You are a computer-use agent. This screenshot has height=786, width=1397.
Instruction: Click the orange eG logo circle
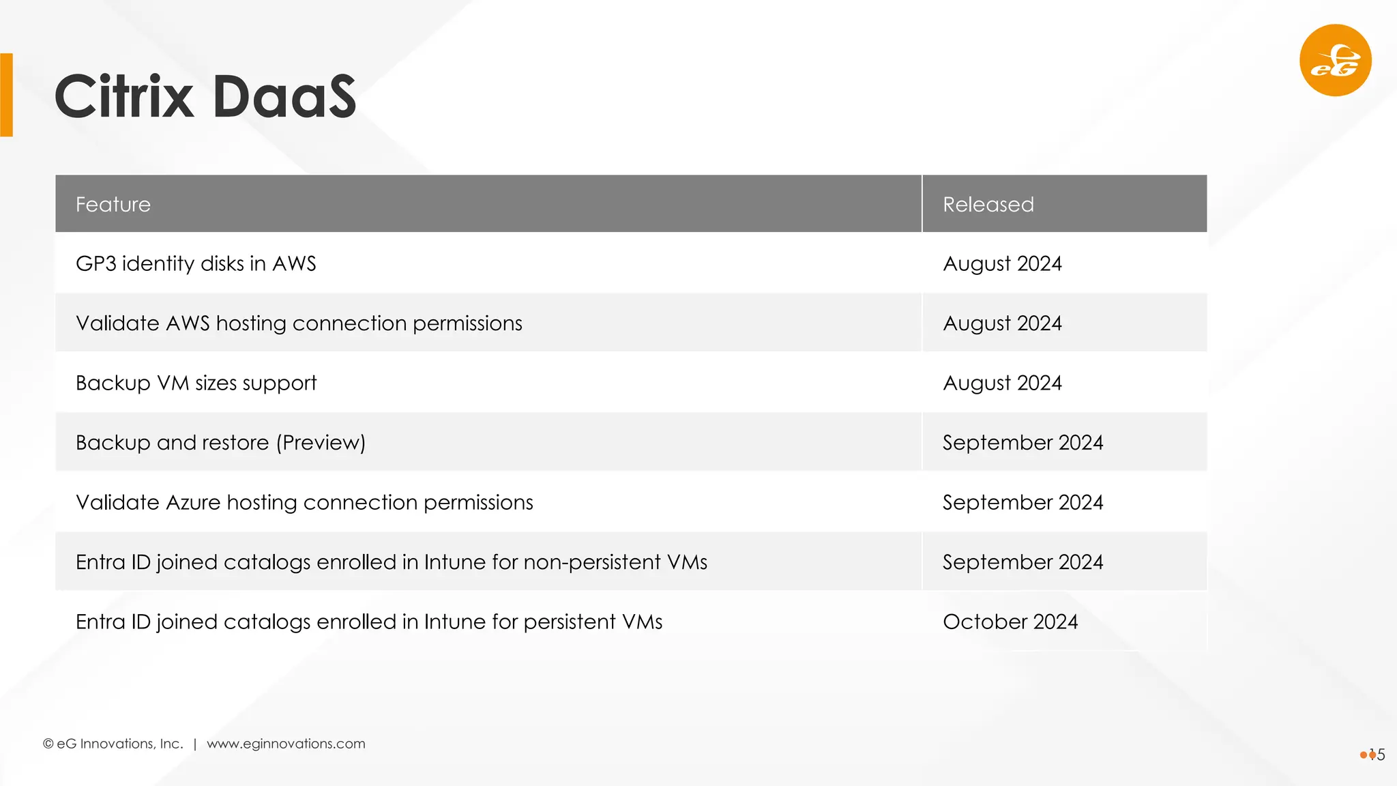coord(1335,60)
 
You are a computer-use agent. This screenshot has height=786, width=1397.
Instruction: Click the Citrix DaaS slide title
coord(205,96)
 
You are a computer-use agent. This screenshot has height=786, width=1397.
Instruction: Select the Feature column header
coord(113,205)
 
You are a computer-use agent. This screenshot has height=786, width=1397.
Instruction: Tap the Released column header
coord(988,205)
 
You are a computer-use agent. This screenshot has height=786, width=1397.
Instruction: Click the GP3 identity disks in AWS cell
coord(196,264)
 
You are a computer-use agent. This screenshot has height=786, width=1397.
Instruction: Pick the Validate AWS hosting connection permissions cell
coord(299,323)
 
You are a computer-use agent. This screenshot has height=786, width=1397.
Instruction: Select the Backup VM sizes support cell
coord(196,383)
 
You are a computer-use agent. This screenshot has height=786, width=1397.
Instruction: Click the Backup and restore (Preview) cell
coord(220,443)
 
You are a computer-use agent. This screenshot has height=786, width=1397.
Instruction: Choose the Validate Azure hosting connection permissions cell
coord(304,503)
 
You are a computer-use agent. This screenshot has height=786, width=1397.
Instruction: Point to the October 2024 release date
coord(1010,622)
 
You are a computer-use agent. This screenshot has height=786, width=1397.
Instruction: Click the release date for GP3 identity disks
coord(1002,264)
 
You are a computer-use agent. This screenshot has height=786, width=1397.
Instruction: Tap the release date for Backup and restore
coord(1023,443)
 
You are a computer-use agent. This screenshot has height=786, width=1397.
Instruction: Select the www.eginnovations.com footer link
coord(286,744)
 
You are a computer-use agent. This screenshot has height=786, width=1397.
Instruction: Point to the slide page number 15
coord(1377,755)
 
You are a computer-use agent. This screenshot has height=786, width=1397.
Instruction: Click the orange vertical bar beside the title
coord(7,95)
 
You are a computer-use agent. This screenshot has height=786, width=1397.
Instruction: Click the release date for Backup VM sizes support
coord(1002,383)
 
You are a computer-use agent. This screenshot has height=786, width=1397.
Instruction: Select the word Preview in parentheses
coord(321,443)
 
